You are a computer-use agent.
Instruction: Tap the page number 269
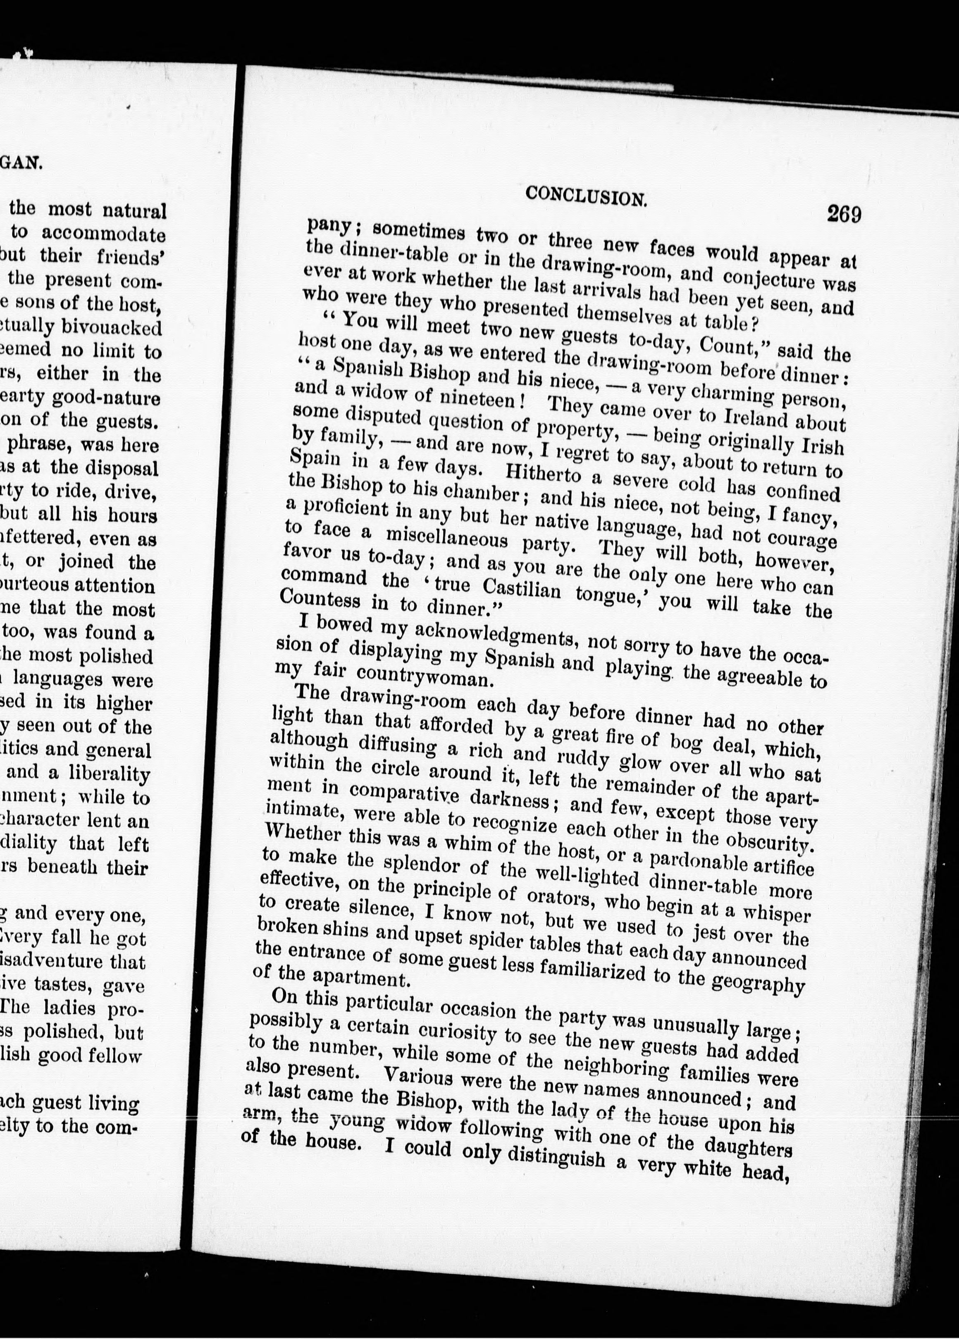844,214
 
